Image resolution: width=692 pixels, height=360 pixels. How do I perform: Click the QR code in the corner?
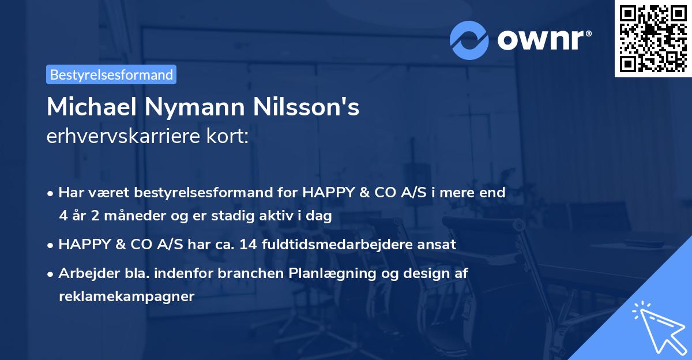(x=653, y=39)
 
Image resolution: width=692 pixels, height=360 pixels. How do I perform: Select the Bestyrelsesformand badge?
(x=111, y=74)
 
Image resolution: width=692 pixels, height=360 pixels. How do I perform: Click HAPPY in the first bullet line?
(x=325, y=193)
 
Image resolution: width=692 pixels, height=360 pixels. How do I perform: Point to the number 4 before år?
(x=62, y=216)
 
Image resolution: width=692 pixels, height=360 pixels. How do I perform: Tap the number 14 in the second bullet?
(x=250, y=245)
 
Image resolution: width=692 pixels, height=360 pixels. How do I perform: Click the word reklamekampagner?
(x=126, y=297)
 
